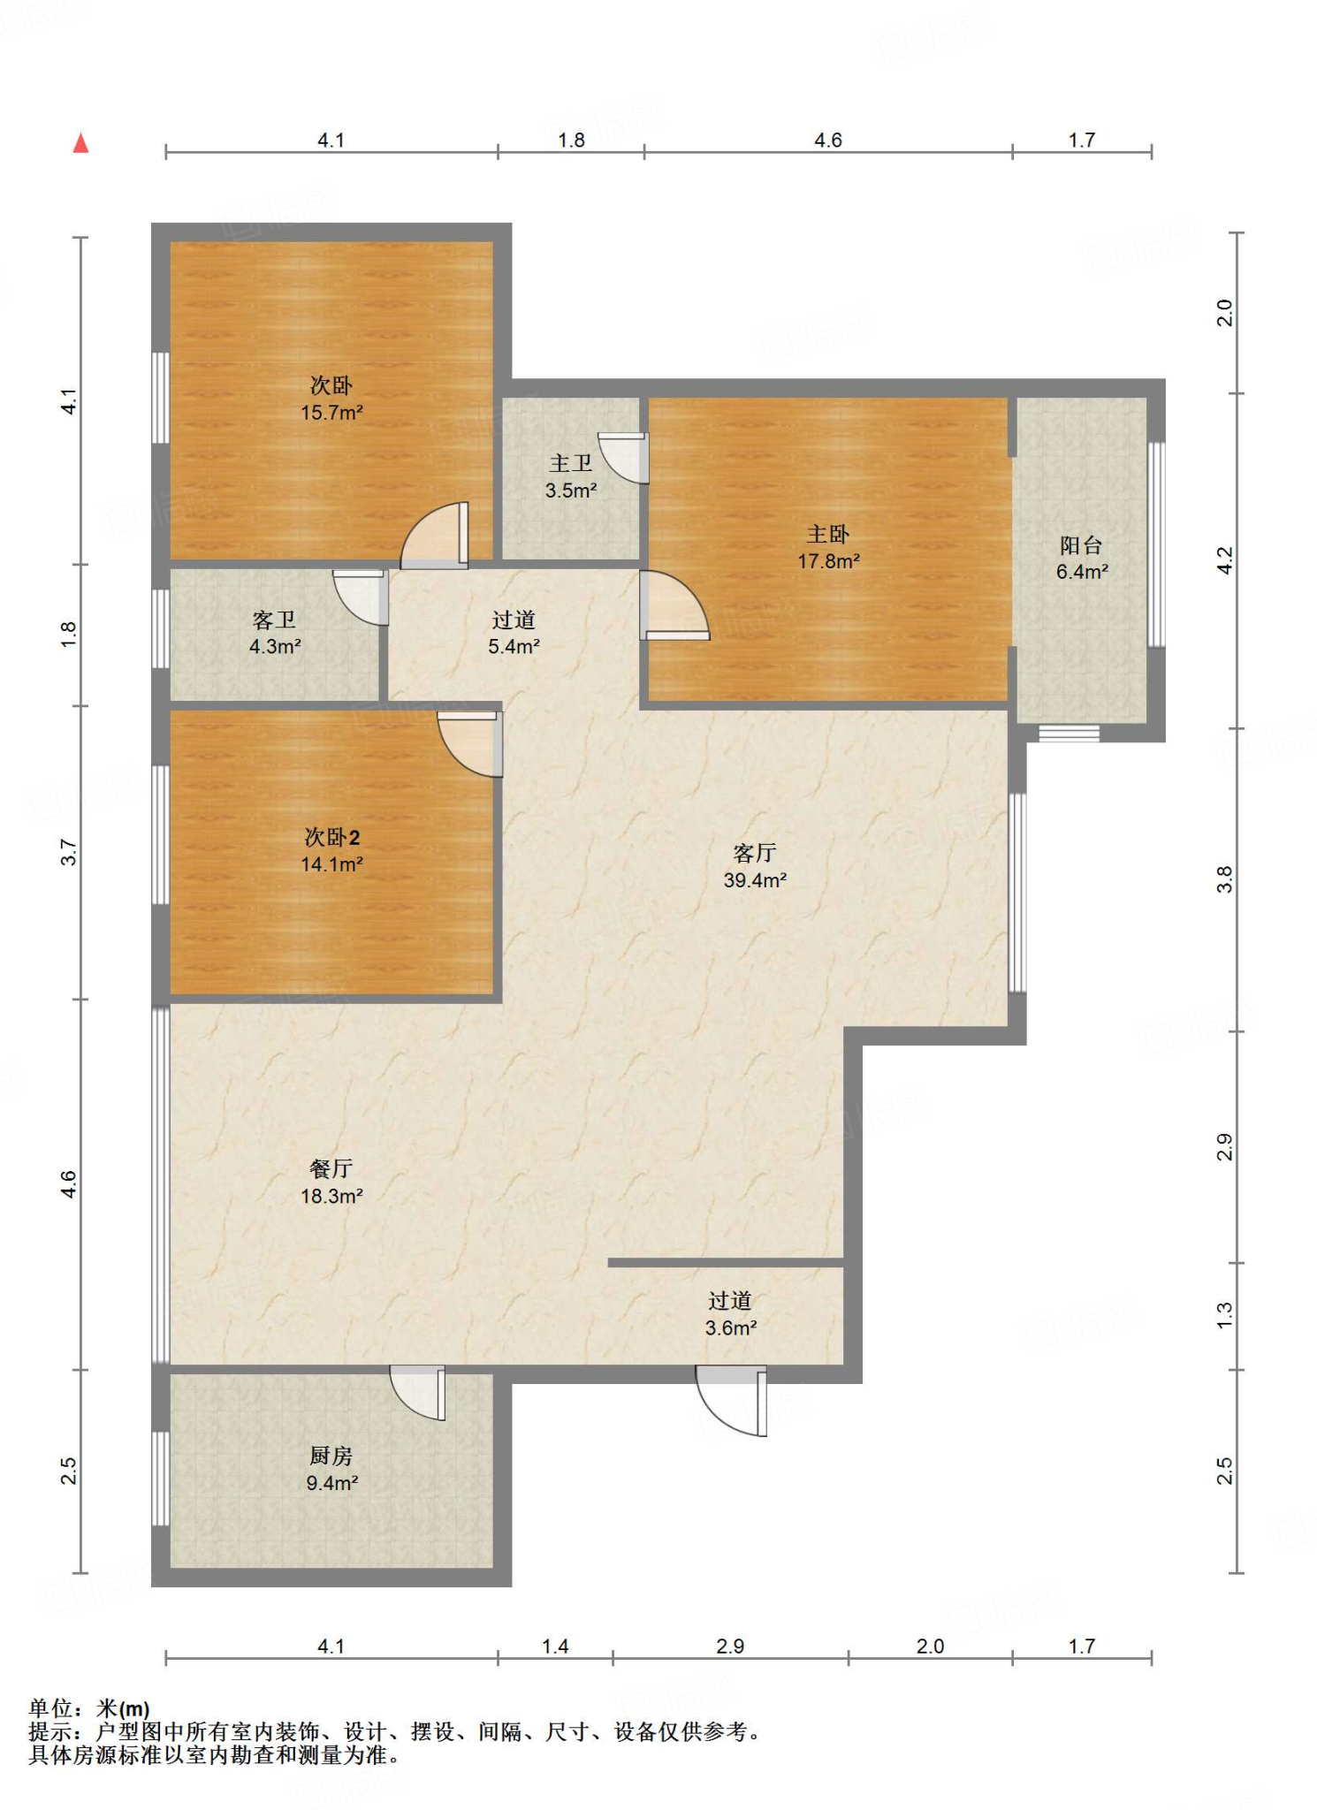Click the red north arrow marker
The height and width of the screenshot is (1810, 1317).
click(x=80, y=143)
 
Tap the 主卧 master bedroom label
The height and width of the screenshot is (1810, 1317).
click(x=828, y=534)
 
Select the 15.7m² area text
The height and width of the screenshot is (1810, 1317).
click(x=331, y=413)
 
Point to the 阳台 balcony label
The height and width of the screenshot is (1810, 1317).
click(x=1081, y=545)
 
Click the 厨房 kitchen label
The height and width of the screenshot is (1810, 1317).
click(x=331, y=1456)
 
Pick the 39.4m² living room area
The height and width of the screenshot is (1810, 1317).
click(x=755, y=880)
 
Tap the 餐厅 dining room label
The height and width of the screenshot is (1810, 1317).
click(x=331, y=1168)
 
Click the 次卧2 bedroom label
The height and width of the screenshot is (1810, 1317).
click(x=331, y=837)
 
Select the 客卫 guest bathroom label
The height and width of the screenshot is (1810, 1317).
click(x=274, y=620)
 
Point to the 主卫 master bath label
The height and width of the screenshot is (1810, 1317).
click(x=571, y=463)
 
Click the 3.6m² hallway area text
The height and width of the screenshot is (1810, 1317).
click(x=731, y=1327)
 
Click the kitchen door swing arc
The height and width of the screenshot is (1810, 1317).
click(x=417, y=1394)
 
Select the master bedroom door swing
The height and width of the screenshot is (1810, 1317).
click(x=674, y=605)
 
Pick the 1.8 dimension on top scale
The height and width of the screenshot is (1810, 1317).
click(x=571, y=140)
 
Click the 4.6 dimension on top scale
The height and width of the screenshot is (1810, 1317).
click(x=828, y=140)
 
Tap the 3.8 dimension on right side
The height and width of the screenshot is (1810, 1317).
click(x=1224, y=879)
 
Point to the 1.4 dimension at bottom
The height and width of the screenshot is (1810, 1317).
click(x=555, y=1646)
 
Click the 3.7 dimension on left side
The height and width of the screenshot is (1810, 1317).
click(x=69, y=852)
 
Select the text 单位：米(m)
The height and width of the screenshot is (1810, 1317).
click(x=89, y=1708)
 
